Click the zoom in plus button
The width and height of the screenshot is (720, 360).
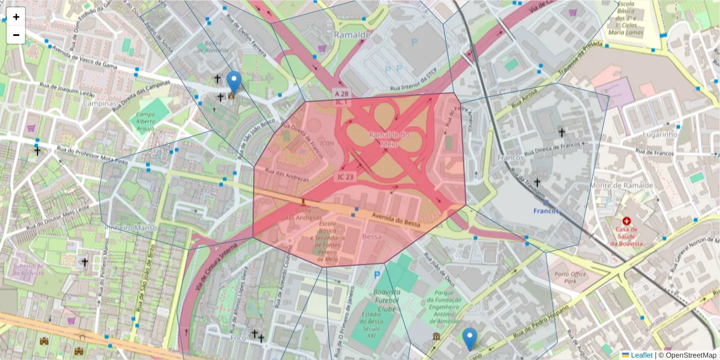pyautogui.click(x=16, y=17)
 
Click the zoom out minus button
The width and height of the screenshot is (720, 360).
pyautogui.click(x=16, y=35)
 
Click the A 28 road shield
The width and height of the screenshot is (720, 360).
pyautogui.click(x=341, y=94)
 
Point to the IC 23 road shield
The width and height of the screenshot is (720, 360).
pyautogui.click(x=346, y=177)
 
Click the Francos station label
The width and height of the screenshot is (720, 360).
pyautogui.click(x=546, y=211)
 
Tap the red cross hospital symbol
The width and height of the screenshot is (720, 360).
pyautogui.click(x=627, y=221)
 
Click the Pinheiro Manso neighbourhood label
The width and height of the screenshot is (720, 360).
pyautogui.click(x=130, y=228)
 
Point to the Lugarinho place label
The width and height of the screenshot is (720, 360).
pyautogui.click(x=659, y=135)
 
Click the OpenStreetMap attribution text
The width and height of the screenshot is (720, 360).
pyautogui.click(x=690, y=355)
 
